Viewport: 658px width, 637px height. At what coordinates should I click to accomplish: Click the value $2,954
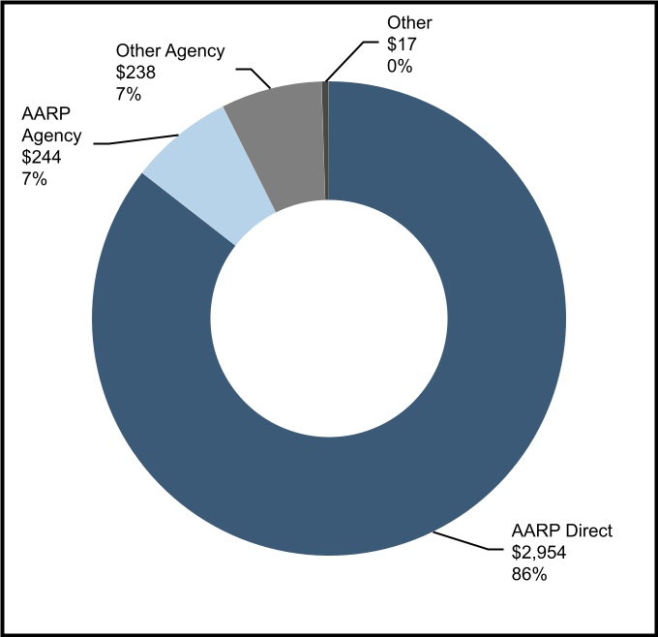[x=538, y=553]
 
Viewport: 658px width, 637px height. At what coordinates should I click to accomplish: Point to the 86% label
[x=529, y=574]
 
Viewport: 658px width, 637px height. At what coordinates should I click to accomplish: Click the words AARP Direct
[x=562, y=531]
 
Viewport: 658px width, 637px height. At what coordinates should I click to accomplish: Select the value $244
[x=42, y=157]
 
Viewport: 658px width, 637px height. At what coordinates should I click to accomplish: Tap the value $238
[x=135, y=73]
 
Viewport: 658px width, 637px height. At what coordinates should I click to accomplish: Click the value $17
[x=402, y=45]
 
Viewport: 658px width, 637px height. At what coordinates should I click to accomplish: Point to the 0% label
[x=400, y=66]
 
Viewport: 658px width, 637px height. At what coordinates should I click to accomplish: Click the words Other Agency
[x=170, y=51]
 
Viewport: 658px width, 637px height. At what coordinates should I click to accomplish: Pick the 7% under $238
[x=129, y=94]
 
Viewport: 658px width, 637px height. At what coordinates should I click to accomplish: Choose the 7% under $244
[x=34, y=179]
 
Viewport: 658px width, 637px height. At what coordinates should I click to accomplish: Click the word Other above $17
[x=409, y=22]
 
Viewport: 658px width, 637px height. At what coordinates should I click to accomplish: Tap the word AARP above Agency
[x=45, y=113]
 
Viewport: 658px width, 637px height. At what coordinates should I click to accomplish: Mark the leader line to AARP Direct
[x=468, y=541]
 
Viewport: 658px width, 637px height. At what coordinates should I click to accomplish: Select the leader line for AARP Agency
[x=136, y=139]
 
